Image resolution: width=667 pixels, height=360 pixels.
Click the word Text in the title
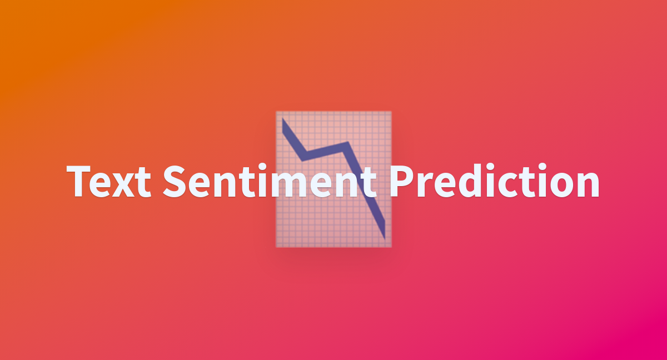pos(109,181)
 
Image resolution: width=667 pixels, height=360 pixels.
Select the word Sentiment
pos(270,181)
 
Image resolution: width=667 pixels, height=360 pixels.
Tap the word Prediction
pos(495,181)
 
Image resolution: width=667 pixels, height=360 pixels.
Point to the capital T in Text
pos(78,181)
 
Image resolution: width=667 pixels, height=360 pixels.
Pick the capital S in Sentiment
pos(175,181)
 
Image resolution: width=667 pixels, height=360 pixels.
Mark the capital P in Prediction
pos(402,181)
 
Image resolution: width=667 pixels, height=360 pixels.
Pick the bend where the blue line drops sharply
pos(346,145)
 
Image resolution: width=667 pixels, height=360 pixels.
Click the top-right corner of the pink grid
pos(391,112)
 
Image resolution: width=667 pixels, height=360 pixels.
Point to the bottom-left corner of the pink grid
pos(276,247)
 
